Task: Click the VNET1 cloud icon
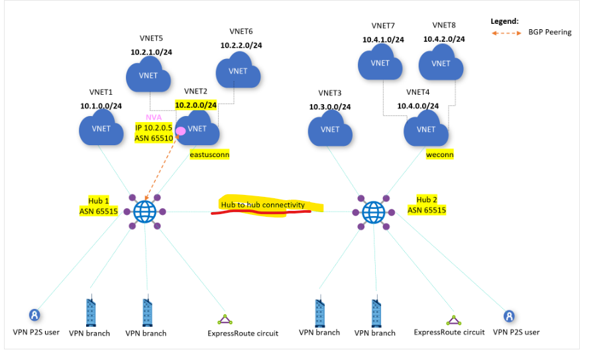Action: (x=101, y=129)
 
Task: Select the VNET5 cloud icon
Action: (x=149, y=75)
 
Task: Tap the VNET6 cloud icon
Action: (x=239, y=71)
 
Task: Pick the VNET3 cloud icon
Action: (x=330, y=129)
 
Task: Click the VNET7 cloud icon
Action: (x=380, y=64)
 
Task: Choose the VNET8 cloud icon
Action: (x=441, y=64)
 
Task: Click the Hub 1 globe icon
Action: (x=144, y=212)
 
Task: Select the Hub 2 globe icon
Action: (x=374, y=212)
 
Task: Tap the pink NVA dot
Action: (x=180, y=130)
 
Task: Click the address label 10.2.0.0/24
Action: (x=195, y=105)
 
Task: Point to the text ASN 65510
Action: (x=154, y=137)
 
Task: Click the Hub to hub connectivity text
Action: (x=263, y=205)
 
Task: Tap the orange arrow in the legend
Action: (x=508, y=32)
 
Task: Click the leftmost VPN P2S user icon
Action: (x=33, y=315)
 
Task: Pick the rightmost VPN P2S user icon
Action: (x=509, y=316)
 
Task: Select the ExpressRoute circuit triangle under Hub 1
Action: (x=225, y=319)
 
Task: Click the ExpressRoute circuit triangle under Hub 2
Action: (x=453, y=320)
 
